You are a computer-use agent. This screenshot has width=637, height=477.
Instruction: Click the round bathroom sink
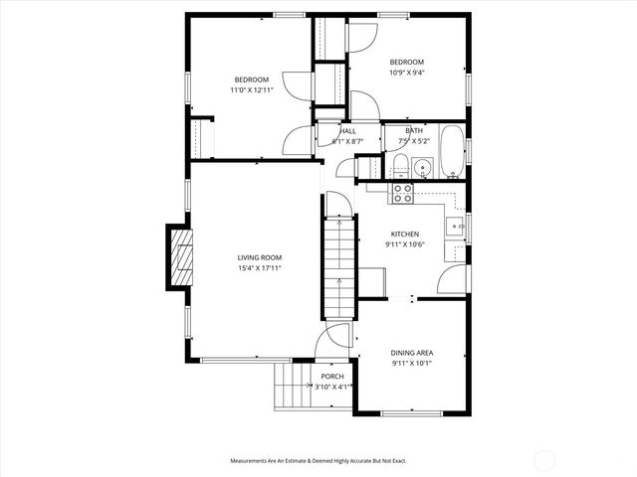pyautogui.click(x=422, y=167)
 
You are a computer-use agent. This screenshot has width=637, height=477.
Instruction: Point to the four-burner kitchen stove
pyautogui.click(x=403, y=193)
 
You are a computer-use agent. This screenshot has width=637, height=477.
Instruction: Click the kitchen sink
pyautogui.click(x=457, y=228)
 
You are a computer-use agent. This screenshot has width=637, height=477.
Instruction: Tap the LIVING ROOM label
pyautogui.click(x=260, y=257)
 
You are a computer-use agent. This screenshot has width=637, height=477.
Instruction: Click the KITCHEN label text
pyautogui.click(x=404, y=235)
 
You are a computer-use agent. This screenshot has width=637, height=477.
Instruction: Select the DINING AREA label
pyautogui.click(x=411, y=353)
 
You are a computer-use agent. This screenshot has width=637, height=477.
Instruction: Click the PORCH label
pyautogui.click(x=331, y=378)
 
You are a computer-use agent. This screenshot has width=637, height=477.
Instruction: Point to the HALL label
pyautogui.click(x=347, y=131)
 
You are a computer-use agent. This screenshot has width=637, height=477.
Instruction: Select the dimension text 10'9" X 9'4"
pyautogui.click(x=405, y=72)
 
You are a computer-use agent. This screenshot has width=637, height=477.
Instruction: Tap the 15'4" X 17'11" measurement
pyautogui.click(x=260, y=267)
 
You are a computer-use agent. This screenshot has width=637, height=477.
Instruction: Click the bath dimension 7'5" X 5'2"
pyautogui.click(x=413, y=141)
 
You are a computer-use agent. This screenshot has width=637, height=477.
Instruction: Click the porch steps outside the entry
pyautogui.click(x=293, y=387)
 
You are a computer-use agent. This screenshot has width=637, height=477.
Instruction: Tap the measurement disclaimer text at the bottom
pyautogui.click(x=318, y=461)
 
